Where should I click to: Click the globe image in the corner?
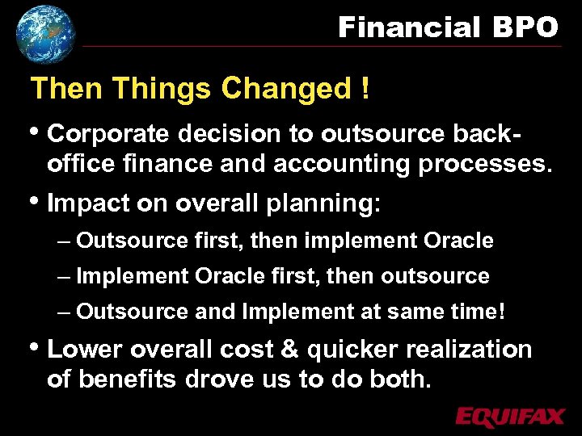tap(45, 33)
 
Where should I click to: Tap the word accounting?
tap(343, 164)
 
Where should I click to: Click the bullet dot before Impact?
tap(36, 201)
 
